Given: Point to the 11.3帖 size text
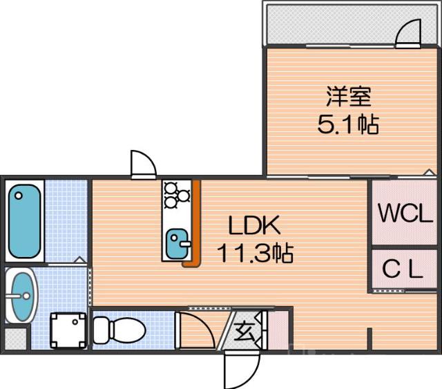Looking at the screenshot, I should (256, 254).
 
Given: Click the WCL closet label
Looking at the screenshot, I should (405, 213).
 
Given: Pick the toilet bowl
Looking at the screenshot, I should (118, 330).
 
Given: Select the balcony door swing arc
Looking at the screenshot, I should (409, 33).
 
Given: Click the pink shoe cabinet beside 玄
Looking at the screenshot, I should (278, 330).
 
